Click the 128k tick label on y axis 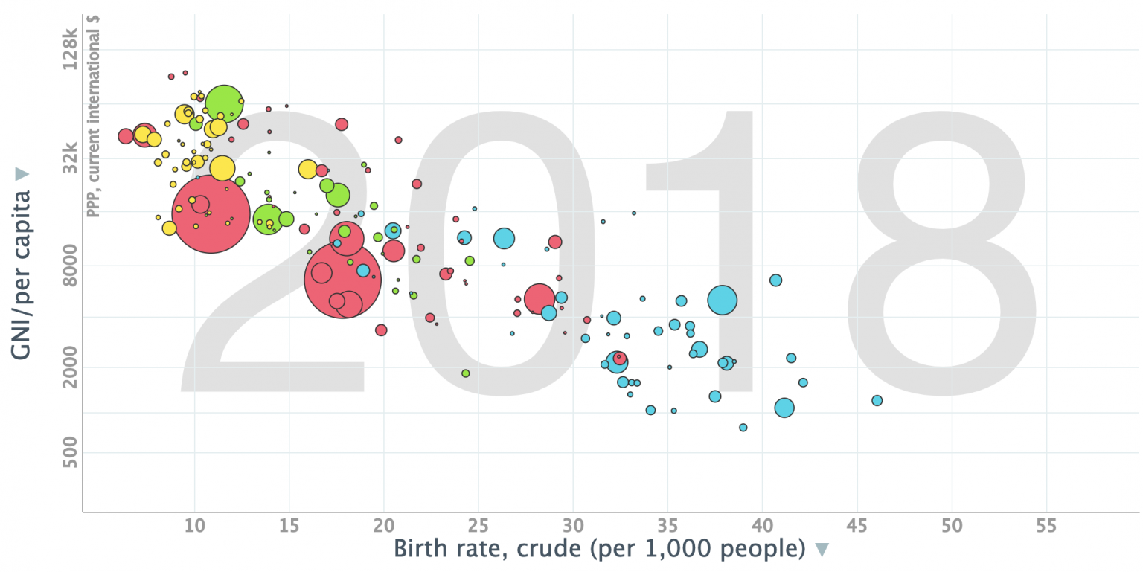coord(69,51)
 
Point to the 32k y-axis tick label coord(69,158)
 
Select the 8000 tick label coord(69,266)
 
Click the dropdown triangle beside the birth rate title coord(822,550)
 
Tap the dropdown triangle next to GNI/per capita coord(22,173)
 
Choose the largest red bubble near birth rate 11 coord(211,213)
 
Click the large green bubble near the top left coord(225,103)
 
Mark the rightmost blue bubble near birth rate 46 coord(877,400)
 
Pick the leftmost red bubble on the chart coord(126,136)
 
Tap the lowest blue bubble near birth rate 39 coord(743,427)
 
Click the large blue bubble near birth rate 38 coord(722,301)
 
